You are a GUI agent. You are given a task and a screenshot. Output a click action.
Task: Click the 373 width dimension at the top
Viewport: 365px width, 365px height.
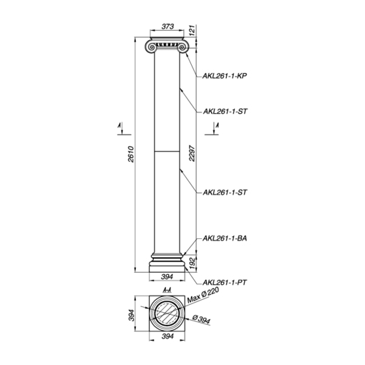pyautogui.click(x=167, y=26)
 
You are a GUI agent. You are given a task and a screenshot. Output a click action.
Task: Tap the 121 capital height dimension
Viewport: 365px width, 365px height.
pyautogui.click(x=193, y=30)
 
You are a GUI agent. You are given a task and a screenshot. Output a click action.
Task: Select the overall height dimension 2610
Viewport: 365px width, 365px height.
pyautogui.click(x=131, y=155)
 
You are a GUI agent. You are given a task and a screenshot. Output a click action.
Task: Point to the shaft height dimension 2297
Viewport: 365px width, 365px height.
pyautogui.click(x=193, y=153)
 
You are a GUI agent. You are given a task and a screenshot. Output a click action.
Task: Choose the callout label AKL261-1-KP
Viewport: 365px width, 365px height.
pyautogui.click(x=225, y=76)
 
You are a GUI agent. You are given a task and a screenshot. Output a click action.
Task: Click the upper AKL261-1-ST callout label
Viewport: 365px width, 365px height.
pyautogui.click(x=225, y=112)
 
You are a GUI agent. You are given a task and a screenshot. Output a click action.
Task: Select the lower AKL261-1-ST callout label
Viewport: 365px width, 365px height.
pyautogui.click(x=225, y=193)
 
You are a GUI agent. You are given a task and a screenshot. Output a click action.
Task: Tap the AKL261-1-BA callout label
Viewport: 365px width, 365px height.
pyautogui.click(x=225, y=238)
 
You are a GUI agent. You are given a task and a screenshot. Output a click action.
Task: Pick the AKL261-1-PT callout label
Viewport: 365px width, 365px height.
pyautogui.click(x=225, y=283)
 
